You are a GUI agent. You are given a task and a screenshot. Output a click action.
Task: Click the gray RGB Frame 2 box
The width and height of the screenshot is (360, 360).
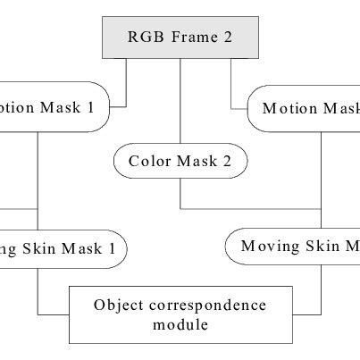[x=180, y=38]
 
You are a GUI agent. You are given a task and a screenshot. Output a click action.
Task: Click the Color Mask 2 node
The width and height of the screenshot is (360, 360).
[x=180, y=163]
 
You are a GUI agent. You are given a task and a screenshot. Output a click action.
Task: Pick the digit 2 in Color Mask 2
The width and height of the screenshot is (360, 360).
[x=230, y=163]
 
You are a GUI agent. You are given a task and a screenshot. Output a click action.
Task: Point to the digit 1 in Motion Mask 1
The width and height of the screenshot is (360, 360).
[x=114, y=108]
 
